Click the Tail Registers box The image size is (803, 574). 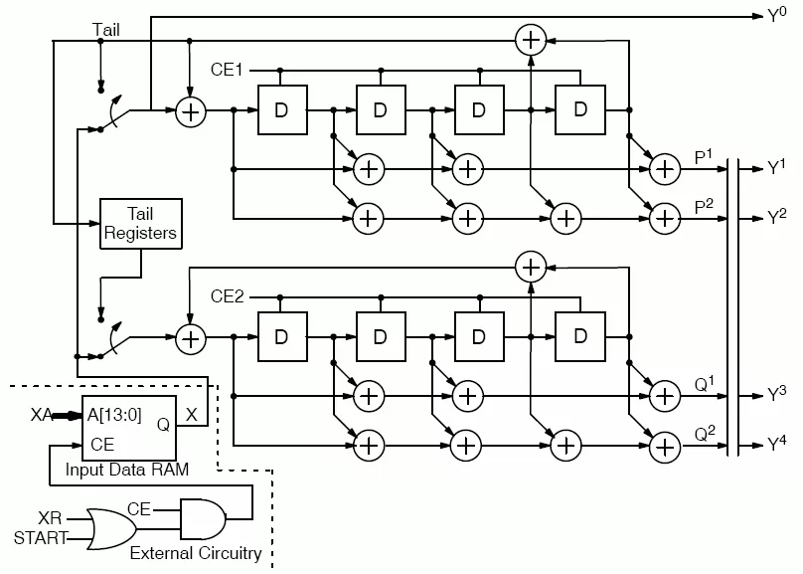[x=141, y=224]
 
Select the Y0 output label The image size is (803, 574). [x=776, y=15]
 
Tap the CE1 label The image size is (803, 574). [x=227, y=70]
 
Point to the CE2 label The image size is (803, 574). [x=227, y=296]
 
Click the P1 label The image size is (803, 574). [x=704, y=157]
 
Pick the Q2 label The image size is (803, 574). [x=705, y=434]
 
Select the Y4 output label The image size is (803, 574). [x=776, y=444]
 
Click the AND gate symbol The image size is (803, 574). [x=203, y=518]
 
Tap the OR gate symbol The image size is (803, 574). [x=111, y=529]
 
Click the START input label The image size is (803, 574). [x=41, y=538]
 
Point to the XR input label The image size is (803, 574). [x=50, y=518]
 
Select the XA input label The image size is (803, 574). [x=41, y=415]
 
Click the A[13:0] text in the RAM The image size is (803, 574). [x=114, y=415]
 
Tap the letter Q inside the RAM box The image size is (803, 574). [x=163, y=425]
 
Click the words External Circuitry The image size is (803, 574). [x=196, y=553]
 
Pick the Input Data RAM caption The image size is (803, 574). [x=127, y=470]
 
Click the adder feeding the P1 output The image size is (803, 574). [x=665, y=169]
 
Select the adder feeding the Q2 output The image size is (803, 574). [x=665, y=448]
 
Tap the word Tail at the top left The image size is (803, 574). [x=106, y=30]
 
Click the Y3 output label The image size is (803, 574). [x=776, y=395]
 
